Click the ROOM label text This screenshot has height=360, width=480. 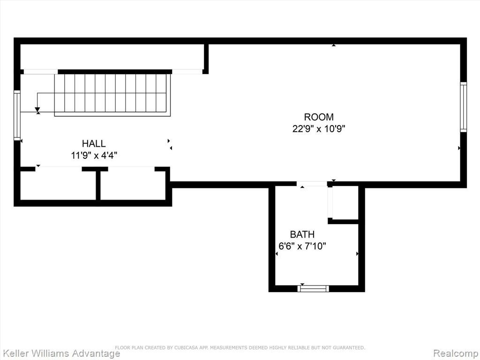(319, 117)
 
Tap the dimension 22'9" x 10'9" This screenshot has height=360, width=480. (319, 129)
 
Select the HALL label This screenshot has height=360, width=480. (94, 143)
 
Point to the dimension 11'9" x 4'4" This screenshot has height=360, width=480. (94, 156)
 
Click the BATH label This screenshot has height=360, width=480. (302, 234)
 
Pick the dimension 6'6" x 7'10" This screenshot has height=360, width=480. (302, 246)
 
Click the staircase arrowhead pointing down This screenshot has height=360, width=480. (37, 110)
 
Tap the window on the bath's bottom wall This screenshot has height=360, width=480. (314, 288)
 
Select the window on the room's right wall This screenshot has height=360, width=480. (464, 107)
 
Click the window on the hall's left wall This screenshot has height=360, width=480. (17, 115)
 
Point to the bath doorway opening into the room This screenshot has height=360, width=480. (312, 184)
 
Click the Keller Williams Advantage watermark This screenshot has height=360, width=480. (60, 353)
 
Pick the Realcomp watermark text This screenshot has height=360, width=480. (456, 353)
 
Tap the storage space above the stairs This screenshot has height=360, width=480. (112, 57)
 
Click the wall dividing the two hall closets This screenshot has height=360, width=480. (98, 186)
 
